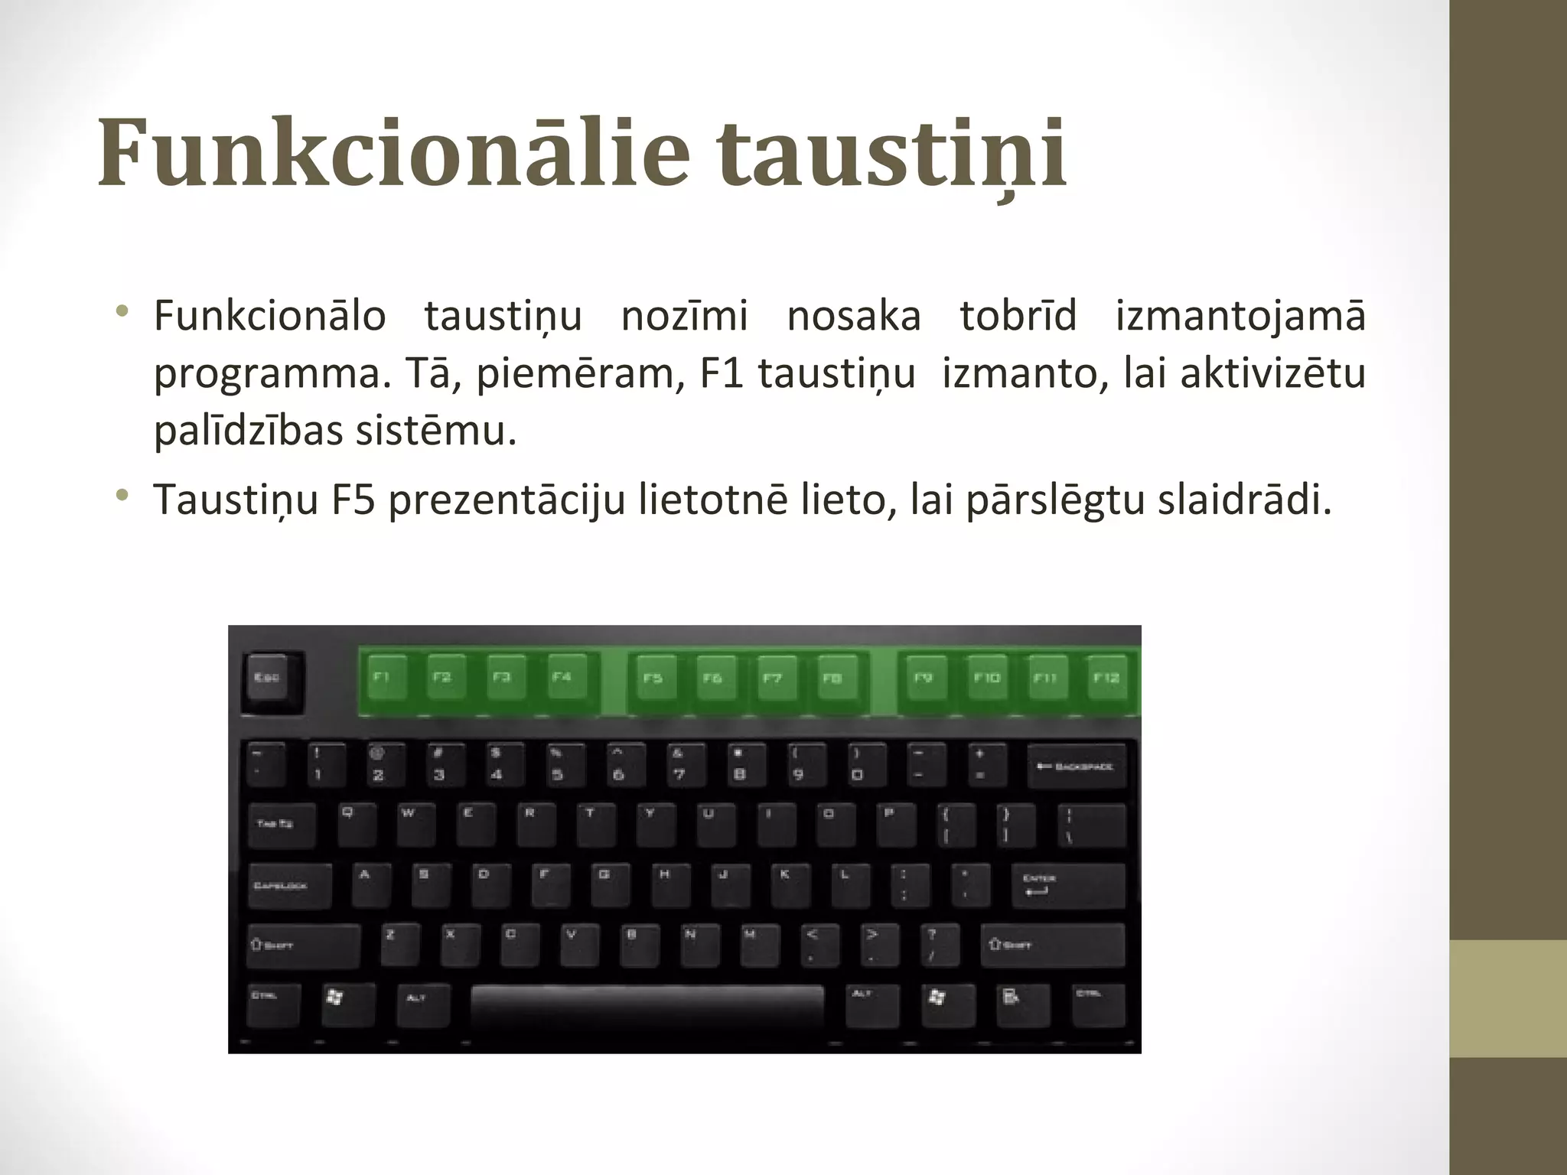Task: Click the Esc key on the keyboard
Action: coord(272,681)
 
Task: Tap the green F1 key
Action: coord(385,678)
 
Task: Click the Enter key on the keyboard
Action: coord(1068,886)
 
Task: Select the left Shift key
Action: coord(302,946)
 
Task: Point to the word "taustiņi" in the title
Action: coord(893,153)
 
